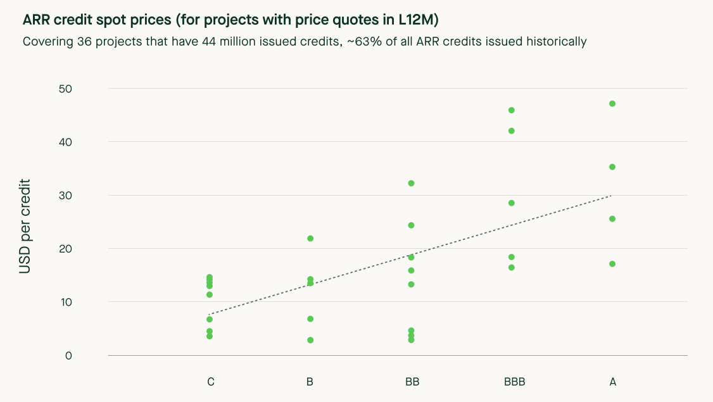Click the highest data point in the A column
point(612,104)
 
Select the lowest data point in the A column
point(612,264)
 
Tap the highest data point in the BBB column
point(512,110)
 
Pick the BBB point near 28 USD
point(512,203)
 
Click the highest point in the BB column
point(411,184)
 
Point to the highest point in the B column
point(310,239)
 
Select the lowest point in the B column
point(310,340)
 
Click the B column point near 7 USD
point(310,319)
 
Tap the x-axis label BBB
point(515,382)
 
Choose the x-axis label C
point(210,382)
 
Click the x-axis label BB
point(412,382)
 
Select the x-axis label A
point(612,382)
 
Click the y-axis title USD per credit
point(25,226)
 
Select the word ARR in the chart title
point(37,20)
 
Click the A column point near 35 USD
point(612,167)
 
